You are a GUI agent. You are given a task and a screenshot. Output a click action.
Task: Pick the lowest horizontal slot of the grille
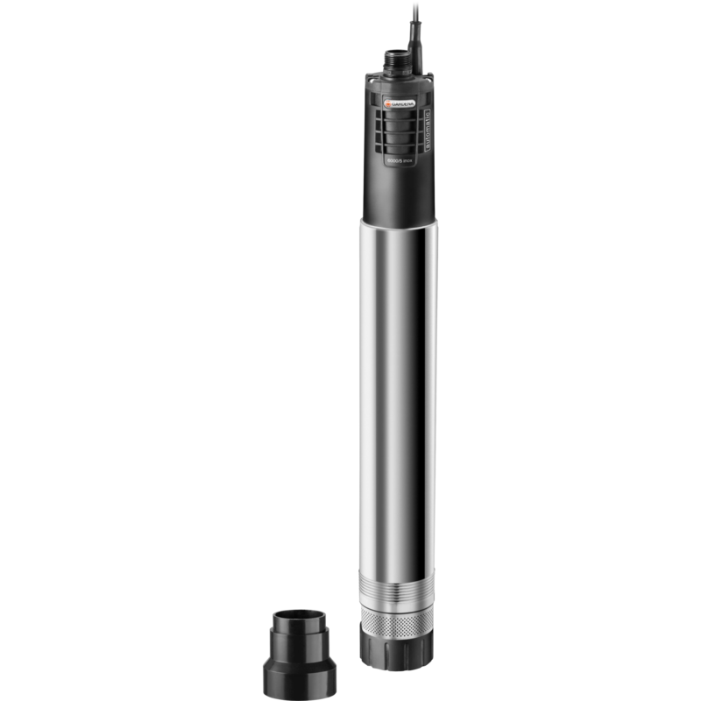pyautogui.click(x=399, y=149)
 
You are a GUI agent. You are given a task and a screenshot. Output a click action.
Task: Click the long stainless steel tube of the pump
pyautogui.click(x=399, y=394)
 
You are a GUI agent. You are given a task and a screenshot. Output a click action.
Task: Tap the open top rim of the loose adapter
pyautogui.click(x=299, y=612)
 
